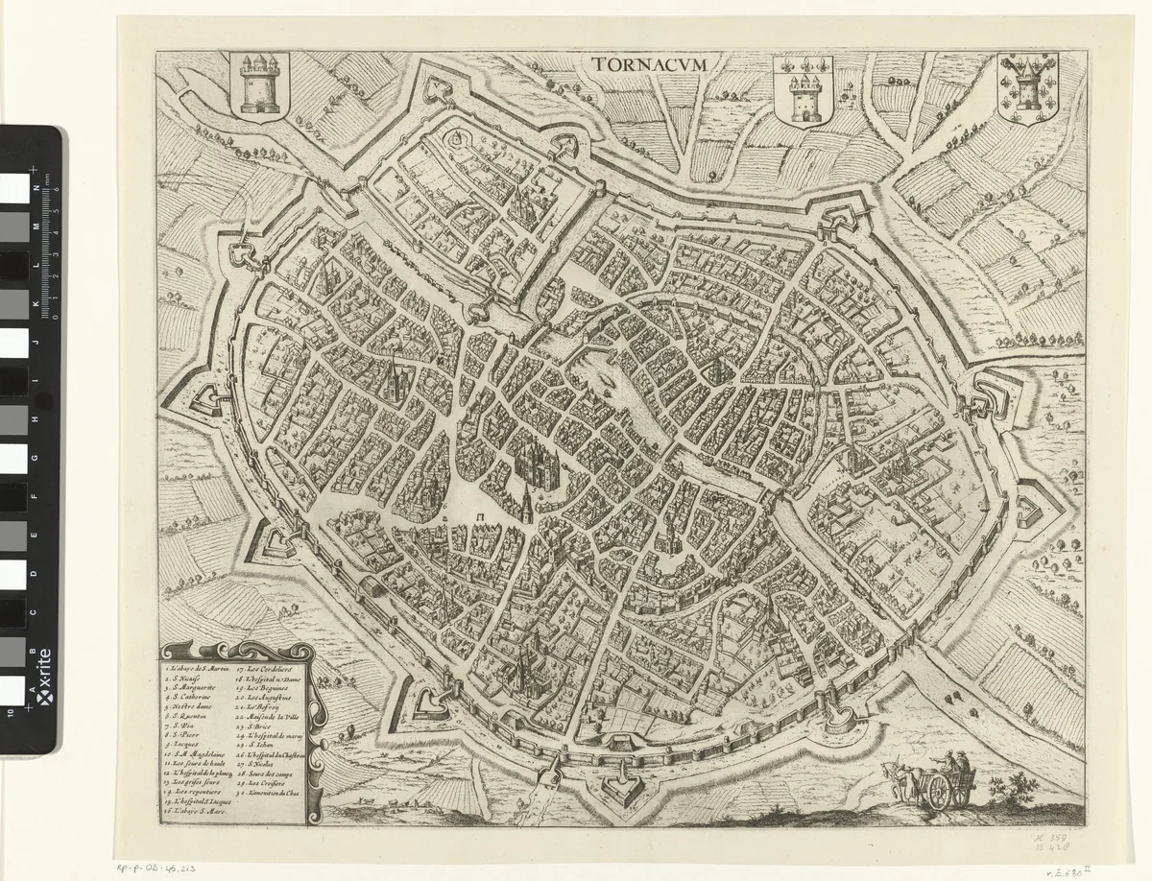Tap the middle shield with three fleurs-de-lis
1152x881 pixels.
point(803,90)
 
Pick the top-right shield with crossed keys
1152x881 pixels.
point(1026,90)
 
